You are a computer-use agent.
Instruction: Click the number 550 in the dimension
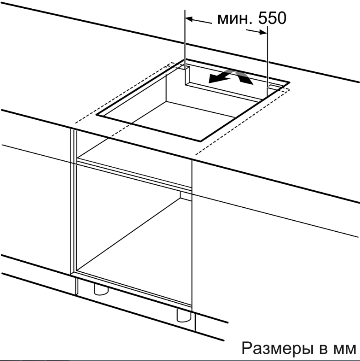[x=272, y=18]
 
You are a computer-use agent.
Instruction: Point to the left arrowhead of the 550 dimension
[x=189, y=19]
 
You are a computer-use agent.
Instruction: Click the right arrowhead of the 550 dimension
[x=263, y=32]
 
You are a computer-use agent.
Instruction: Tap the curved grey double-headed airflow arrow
[x=231, y=77]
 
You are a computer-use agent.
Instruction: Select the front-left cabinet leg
[x=101, y=289]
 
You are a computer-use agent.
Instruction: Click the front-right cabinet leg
[x=184, y=315]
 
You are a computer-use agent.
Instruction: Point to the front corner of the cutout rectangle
[x=200, y=141]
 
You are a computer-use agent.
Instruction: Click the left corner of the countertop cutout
[x=96, y=114]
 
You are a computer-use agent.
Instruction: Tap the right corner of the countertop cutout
[x=289, y=82]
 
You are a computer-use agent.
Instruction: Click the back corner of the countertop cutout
[x=184, y=60]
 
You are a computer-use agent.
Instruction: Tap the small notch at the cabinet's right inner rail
[x=186, y=196]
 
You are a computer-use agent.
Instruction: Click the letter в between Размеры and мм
[x=323, y=350]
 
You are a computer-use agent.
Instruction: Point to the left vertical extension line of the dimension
[x=185, y=47]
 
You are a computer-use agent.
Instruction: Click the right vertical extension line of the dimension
[x=267, y=61]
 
